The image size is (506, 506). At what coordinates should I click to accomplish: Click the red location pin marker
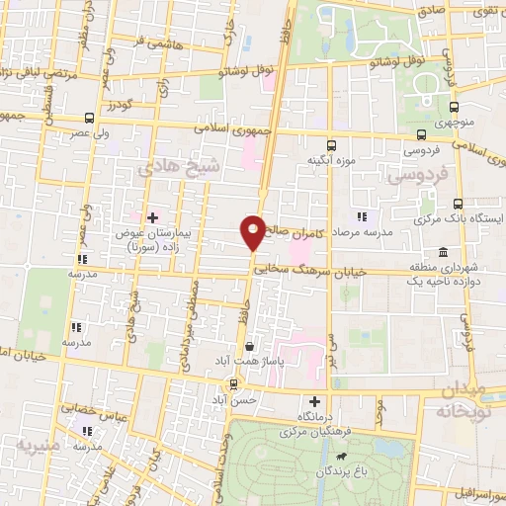click(254, 232)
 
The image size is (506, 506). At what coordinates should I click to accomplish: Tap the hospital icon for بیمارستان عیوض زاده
click(151, 216)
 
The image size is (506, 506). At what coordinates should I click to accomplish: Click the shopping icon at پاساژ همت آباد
click(250, 348)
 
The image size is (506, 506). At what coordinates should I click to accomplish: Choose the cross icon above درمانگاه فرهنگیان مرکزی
click(315, 402)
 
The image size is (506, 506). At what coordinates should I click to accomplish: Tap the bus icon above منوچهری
click(454, 109)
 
